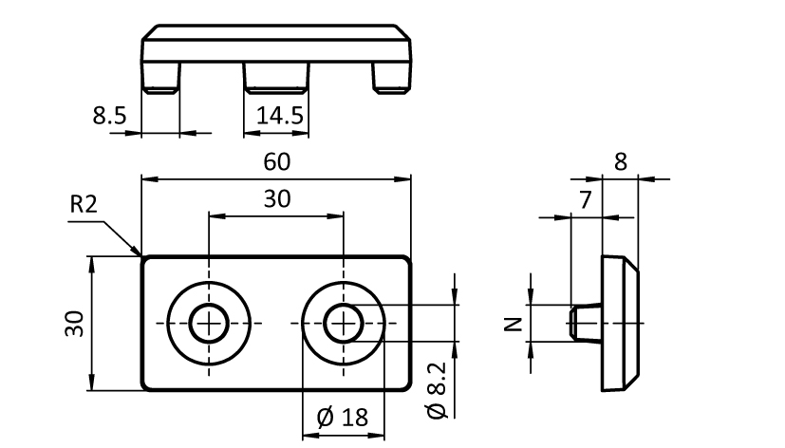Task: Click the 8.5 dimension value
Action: point(107,117)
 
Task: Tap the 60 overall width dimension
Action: point(276,162)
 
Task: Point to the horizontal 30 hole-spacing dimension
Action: point(276,199)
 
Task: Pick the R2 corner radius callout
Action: point(83,204)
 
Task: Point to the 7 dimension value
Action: point(585,199)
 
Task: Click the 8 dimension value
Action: point(620,161)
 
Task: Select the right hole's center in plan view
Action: point(343,324)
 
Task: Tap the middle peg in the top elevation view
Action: point(275,77)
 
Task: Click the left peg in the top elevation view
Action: point(160,77)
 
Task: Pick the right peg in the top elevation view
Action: point(390,77)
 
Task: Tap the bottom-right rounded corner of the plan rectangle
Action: point(407,386)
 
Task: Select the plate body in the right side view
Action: point(619,323)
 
